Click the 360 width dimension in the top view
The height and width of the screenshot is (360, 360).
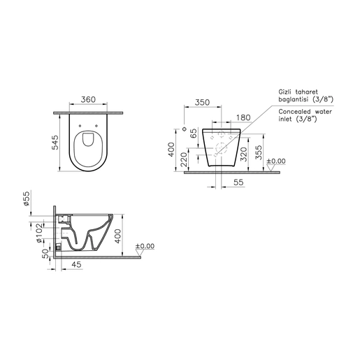tap(88, 99)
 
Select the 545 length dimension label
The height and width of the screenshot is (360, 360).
tap(55, 142)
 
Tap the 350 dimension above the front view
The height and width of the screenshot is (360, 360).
tap(202, 102)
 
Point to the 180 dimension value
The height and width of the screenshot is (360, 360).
tap(243, 117)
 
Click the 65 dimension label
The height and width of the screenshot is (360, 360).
tap(194, 134)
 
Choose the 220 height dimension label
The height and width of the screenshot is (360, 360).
tap(184, 159)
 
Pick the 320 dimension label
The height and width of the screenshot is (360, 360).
tap(244, 154)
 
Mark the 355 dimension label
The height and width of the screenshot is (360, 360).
tap(259, 152)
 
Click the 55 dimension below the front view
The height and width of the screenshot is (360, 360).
tap(238, 182)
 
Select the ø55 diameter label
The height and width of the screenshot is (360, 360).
tap(27, 199)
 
